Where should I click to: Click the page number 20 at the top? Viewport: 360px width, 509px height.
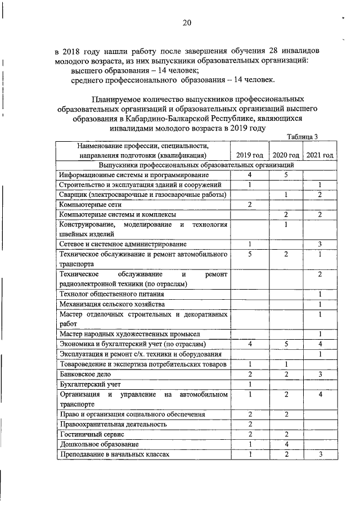[187, 22]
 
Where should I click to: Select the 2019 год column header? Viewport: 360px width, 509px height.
[249, 155]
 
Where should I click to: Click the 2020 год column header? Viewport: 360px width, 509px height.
[286, 155]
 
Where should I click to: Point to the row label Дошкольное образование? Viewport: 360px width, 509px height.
[94, 444]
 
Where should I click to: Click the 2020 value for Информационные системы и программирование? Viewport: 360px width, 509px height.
[286, 175]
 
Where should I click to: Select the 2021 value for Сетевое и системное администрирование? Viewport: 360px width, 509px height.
[319, 244]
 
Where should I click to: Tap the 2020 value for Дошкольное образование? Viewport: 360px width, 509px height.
[286, 444]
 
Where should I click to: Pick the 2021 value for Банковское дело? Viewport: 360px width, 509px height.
[319, 374]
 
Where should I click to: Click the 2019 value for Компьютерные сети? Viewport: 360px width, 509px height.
[249, 205]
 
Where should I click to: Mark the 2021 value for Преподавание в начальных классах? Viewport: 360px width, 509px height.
[319, 454]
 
